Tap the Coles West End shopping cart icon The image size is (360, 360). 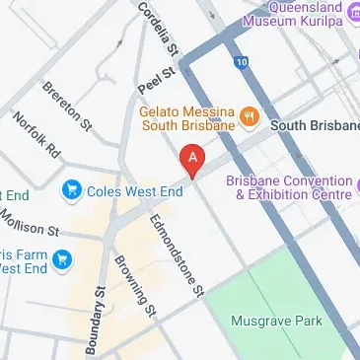(71, 189)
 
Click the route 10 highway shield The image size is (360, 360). (242, 62)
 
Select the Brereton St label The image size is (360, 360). (66, 107)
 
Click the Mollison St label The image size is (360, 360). (30, 224)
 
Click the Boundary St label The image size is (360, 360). (99, 322)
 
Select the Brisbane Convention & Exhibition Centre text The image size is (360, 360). (288, 188)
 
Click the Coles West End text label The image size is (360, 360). (135, 191)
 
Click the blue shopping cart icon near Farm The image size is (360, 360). (64, 260)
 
